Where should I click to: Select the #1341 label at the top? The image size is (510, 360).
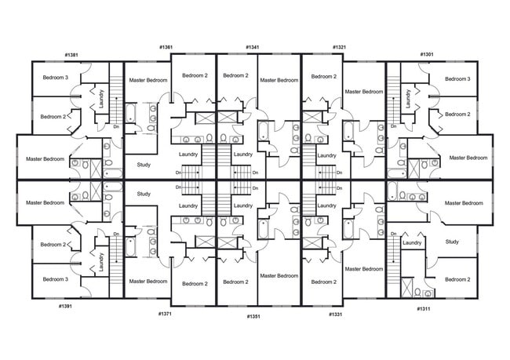(253, 47)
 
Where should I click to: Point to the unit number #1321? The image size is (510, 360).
(339, 47)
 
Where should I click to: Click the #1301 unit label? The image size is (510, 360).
(427, 54)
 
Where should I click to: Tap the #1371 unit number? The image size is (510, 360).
(165, 314)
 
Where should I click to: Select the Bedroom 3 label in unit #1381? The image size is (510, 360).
(56, 78)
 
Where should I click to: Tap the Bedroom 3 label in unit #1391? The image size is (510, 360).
(56, 279)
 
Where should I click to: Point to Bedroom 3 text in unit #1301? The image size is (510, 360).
(457, 78)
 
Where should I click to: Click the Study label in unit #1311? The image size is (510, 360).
(452, 242)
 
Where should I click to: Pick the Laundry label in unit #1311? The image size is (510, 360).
(412, 243)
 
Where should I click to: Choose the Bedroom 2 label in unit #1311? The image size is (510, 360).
(457, 279)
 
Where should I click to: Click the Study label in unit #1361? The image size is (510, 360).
(144, 165)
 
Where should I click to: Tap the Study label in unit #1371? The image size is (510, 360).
(144, 193)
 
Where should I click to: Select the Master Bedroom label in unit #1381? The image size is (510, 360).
(45, 159)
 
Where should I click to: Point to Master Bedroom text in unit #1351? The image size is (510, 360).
(279, 275)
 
